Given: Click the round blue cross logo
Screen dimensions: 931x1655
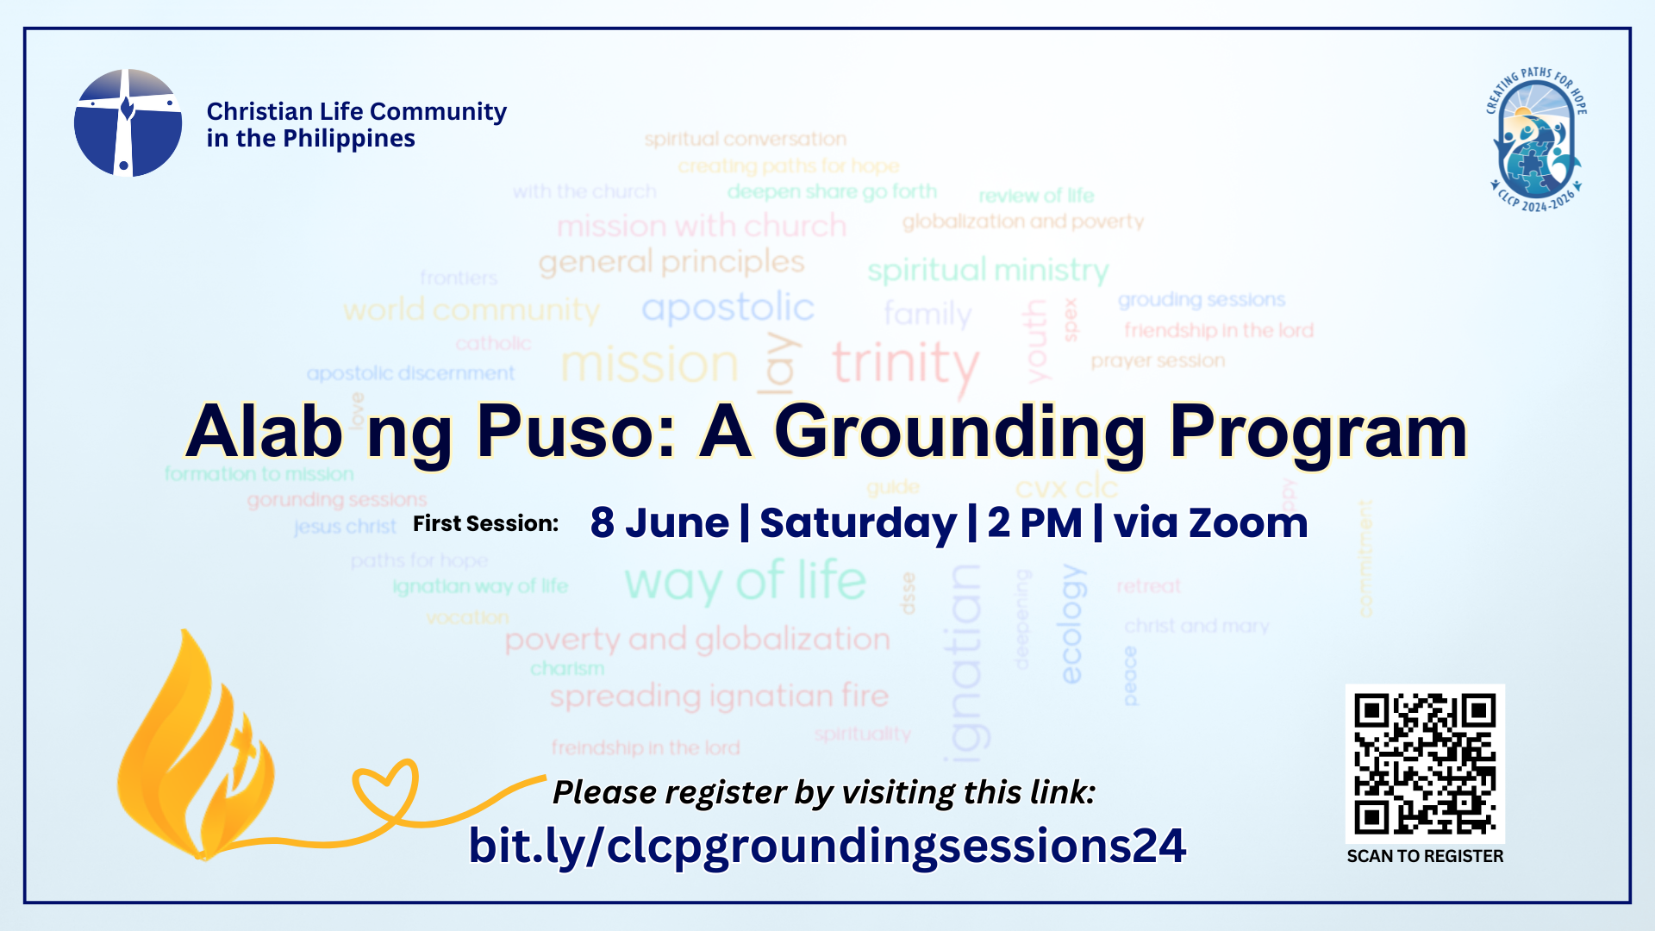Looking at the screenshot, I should pyautogui.click(x=128, y=123).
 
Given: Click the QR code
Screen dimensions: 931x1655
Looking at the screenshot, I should pyautogui.click(x=1425, y=764).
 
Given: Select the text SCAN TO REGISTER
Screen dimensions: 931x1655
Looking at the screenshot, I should pyautogui.click(x=1425, y=856).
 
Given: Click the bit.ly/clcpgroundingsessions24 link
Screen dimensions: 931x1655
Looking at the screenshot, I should pyautogui.click(x=827, y=846).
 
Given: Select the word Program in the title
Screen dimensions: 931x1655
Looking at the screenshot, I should pyautogui.click(x=1318, y=432).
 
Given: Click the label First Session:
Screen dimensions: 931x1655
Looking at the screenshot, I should pyautogui.click(x=485, y=523).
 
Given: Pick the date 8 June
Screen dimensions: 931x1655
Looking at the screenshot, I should pyautogui.click(x=659, y=523).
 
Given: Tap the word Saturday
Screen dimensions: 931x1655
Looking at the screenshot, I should pyautogui.click(x=858, y=523).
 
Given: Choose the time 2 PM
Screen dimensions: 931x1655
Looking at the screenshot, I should pyautogui.click(x=1034, y=523).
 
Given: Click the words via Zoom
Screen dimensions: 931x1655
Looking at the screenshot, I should pyautogui.click(x=1210, y=523).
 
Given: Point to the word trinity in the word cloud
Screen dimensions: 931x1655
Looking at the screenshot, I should pyautogui.click(x=905, y=364).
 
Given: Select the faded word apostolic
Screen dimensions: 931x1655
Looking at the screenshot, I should pyautogui.click(x=728, y=308).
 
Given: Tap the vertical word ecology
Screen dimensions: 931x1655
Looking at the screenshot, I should pyautogui.click(x=1071, y=624).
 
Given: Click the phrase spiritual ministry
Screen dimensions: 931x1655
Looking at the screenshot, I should pyautogui.click(x=988, y=271).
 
